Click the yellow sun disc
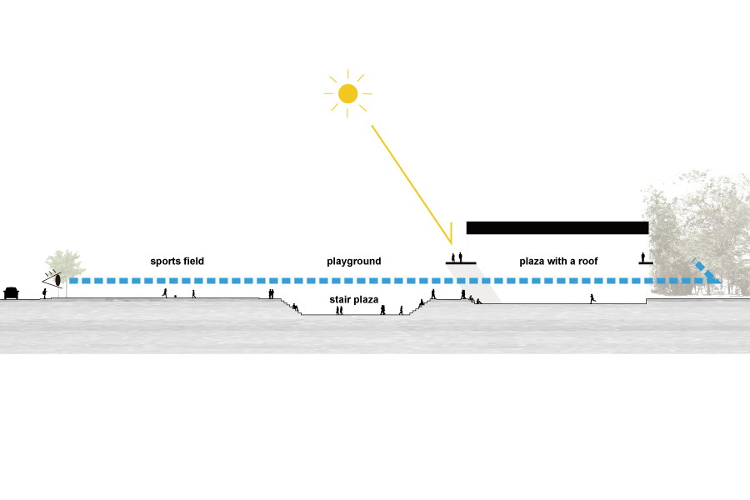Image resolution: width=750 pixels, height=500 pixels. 347,93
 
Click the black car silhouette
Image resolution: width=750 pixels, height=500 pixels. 12,292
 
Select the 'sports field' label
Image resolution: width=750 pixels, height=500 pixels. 177,262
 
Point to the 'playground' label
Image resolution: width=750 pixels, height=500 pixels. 353,262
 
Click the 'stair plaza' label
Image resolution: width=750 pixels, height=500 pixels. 348,298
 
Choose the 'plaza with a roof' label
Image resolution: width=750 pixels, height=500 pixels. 558,262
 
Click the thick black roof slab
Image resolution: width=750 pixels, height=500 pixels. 557,227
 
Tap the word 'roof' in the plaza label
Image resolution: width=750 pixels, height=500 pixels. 587,262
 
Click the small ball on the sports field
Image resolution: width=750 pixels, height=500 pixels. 175,297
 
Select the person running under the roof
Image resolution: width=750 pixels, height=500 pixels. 592,297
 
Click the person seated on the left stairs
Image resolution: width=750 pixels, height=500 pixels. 297,307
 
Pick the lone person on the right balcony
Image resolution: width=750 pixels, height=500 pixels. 642,257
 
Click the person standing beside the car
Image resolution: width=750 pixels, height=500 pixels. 44,293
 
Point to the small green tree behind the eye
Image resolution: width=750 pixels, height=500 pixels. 67,262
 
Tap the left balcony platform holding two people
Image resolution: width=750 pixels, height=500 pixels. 460,262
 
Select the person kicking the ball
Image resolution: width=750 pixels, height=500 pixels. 165,293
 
